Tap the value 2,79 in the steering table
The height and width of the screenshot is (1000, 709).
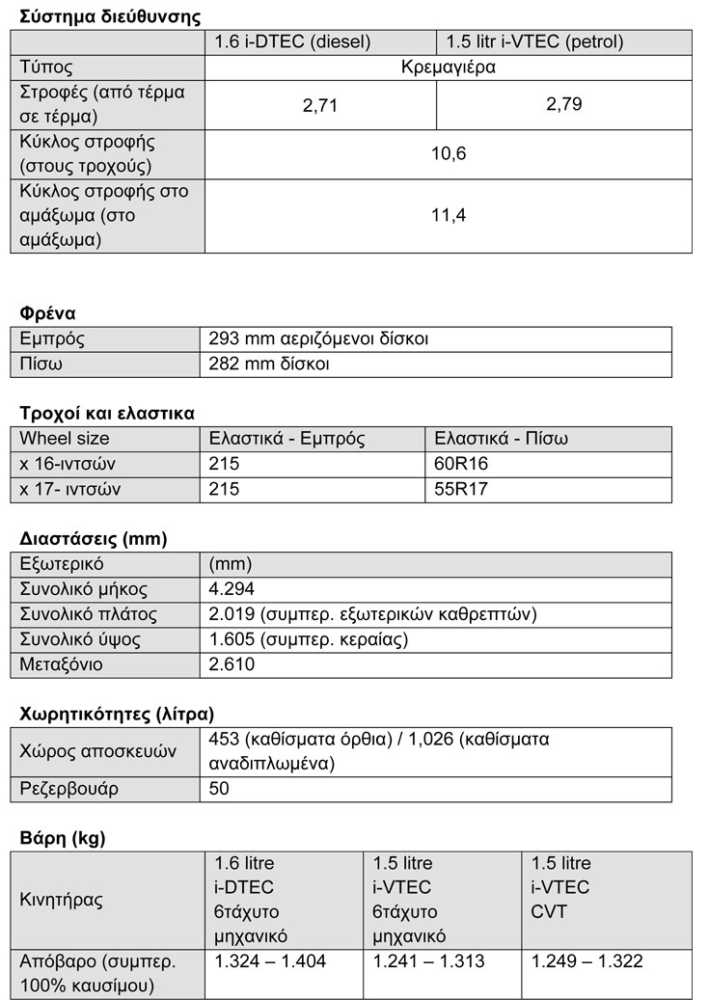click(564, 104)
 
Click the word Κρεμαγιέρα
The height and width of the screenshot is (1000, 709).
click(449, 68)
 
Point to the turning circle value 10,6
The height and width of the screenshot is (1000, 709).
click(449, 153)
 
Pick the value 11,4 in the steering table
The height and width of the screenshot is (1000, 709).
click(449, 215)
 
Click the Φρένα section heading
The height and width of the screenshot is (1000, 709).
click(48, 313)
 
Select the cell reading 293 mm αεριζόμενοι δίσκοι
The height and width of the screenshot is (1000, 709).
click(318, 339)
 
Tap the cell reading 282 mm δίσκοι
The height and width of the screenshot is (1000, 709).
click(269, 365)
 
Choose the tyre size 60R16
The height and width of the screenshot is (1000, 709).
click(462, 465)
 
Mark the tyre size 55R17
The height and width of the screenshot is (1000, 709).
click(462, 490)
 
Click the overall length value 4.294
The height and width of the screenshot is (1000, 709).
click(232, 590)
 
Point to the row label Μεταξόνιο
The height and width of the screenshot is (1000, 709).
click(62, 665)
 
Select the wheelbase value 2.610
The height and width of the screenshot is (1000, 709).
click(232, 665)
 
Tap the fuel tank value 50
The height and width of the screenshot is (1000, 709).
click(220, 790)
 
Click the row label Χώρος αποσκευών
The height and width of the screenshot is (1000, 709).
click(88, 751)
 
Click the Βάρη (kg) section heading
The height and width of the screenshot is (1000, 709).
click(63, 839)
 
